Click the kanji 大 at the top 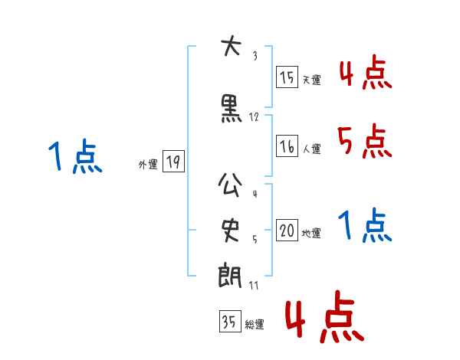pos(230,47)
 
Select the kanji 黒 pos(231,110)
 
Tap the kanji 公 pos(231,186)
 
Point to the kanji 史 pos(231,228)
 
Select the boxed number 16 pos(287,146)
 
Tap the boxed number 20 pos(287,231)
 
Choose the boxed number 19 pos(173,162)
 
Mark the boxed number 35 pos(229,322)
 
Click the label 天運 pos(311,80)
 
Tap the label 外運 pos(148,164)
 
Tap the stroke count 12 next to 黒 pos(255,117)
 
